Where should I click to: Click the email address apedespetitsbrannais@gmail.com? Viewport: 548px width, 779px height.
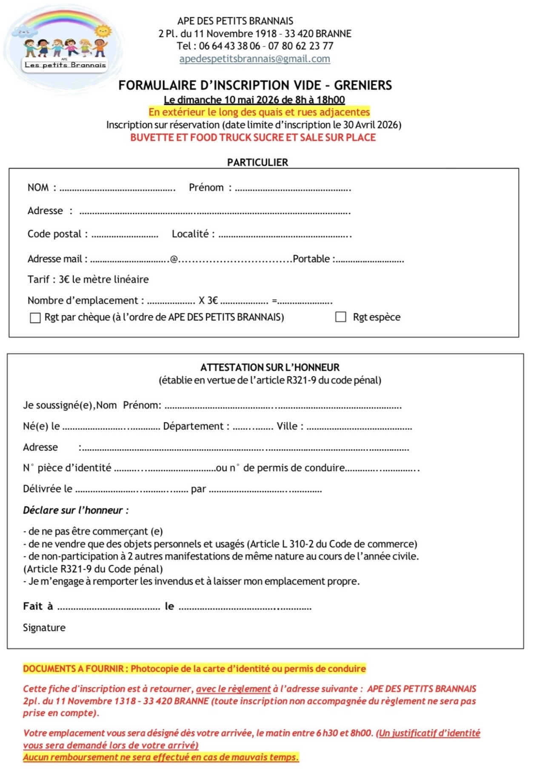coord(254,59)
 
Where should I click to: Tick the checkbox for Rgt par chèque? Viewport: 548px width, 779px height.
coord(35,318)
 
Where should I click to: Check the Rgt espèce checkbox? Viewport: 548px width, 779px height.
coord(340,317)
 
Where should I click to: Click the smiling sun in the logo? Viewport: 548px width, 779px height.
coord(103,31)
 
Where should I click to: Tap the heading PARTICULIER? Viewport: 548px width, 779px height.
coord(257,162)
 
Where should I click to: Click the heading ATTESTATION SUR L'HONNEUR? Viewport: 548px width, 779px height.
coord(270,367)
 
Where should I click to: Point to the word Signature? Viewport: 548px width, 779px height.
coord(44,628)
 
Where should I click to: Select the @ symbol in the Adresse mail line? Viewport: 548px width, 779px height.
coord(174,260)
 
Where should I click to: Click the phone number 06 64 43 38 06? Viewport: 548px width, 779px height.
coord(229,46)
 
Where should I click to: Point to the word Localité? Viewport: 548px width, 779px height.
coord(190,234)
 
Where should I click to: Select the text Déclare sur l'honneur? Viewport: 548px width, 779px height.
coord(76,510)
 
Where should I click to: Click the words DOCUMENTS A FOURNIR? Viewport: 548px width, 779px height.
coord(73,668)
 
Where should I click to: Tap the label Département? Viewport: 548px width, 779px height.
coord(194,426)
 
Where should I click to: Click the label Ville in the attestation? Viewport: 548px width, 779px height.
coord(287,426)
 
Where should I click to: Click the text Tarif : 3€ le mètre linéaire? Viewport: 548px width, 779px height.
coord(88,280)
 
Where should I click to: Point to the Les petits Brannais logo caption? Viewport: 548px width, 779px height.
coord(65,65)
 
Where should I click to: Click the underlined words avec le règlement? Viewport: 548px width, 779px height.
coord(233,689)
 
